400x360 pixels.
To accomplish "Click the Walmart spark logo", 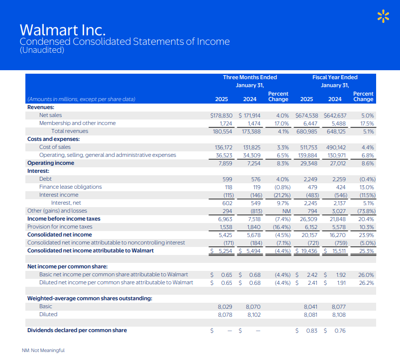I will [383, 16].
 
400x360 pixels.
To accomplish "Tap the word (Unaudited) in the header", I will [42, 50].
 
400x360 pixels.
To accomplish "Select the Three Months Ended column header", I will [250, 77].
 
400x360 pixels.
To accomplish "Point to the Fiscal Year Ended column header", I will [335, 77].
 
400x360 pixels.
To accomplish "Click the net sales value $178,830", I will [221, 115].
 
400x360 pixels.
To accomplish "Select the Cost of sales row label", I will [55, 147].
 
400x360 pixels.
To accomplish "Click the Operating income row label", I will [50, 163].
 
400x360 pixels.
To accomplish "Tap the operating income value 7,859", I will [225, 163].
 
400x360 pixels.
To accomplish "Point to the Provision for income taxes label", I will [60, 227].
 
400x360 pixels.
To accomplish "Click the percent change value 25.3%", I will [367, 250].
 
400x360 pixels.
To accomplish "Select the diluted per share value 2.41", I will [312, 283].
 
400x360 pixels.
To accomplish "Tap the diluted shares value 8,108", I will [338, 314].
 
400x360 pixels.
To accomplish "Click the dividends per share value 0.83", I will [311, 331].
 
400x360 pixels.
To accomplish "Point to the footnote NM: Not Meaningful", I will [43, 350].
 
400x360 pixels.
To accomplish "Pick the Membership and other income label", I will [77, 123].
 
